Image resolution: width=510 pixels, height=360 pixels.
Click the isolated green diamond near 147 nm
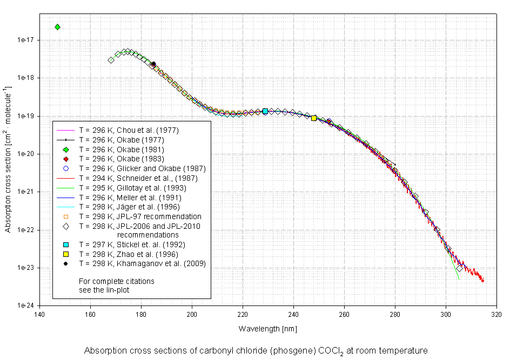click(57, 27)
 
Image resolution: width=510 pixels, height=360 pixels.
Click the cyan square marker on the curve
click(265, 111)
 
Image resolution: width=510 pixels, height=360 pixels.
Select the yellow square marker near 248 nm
click(314, 118)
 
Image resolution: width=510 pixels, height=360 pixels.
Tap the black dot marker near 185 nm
click(153, 64)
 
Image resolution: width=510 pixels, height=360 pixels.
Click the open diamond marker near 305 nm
click(459, 268)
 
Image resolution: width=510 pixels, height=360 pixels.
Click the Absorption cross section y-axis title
click(8, 159)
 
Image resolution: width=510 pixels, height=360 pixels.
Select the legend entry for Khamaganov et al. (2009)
click(142, 263)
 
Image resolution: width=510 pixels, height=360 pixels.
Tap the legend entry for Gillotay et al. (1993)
click(132, 187)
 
